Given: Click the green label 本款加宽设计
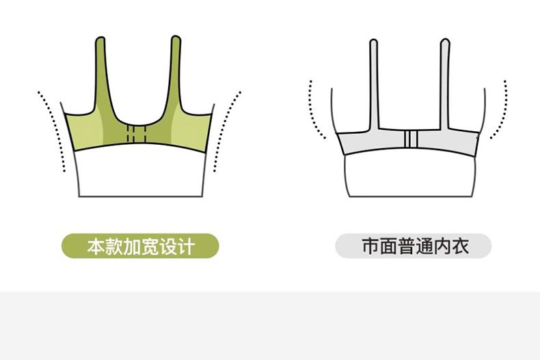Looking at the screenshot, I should point(140,246).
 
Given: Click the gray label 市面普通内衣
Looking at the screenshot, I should point(413,246).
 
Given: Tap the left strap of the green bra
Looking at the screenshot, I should point(101,75).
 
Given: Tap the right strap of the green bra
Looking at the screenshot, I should point(176,75).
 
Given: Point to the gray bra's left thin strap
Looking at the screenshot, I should point(374,82).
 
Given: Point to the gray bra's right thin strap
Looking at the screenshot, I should point(445,82).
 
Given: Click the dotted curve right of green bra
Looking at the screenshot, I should point(226,130).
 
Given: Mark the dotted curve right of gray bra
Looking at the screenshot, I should point(504,109).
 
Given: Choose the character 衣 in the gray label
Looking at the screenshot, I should point(461,246).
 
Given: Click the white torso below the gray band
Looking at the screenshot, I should point(412,176).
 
